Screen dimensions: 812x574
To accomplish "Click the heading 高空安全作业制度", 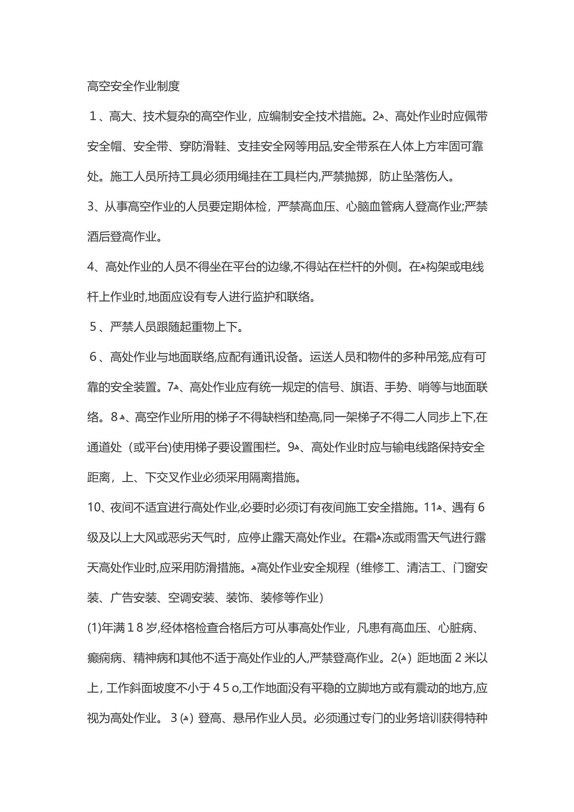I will [x=133, y=86].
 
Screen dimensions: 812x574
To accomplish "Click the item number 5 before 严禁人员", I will [x=93, y=327].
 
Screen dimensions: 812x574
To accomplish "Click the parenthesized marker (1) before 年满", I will [x=94, y=628].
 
